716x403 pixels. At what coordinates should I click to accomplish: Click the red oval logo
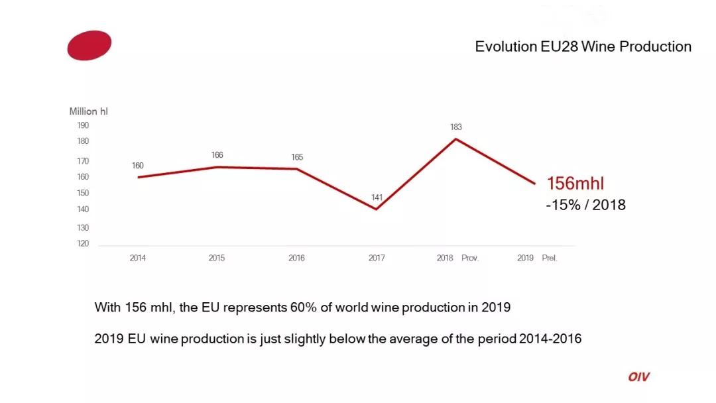click(x=89, y=45)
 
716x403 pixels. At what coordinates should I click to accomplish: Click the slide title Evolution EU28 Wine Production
click(x=583, y=46)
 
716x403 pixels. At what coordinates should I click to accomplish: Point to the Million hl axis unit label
click(x=89, y=111)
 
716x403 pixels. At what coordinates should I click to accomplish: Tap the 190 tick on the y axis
click(x=83, y=125)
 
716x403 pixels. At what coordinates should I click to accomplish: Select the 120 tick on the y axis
click(x=83, y=243)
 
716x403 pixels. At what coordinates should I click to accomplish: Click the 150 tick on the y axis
click(x=83, y=193)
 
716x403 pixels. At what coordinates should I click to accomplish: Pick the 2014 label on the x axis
click(x=138, y=258)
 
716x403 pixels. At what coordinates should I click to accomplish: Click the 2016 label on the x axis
click(x=296, y=258)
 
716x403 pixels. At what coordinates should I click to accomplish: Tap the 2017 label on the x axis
click(x=377, y=258)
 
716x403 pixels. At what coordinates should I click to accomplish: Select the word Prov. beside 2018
click(x=470, y=258)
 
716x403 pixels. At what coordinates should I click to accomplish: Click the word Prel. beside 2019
click(x=550, y=258)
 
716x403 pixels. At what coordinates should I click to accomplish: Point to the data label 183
click(x=456, y=127)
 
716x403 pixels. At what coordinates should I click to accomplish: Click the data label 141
click(x=377, y=198)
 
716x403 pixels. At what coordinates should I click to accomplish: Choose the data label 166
click(x=217, y=155)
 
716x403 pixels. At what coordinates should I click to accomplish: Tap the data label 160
click(x=138, y=166)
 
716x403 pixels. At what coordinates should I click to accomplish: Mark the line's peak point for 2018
click(x=456, y=139)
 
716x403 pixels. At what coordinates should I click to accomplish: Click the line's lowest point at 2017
click(x=377, y=209)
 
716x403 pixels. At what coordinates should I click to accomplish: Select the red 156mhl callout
click(x=575, y=184)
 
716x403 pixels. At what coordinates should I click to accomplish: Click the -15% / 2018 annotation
click(x=585, y=205)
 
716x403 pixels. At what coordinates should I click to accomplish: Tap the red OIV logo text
click(x=639, y=377)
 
